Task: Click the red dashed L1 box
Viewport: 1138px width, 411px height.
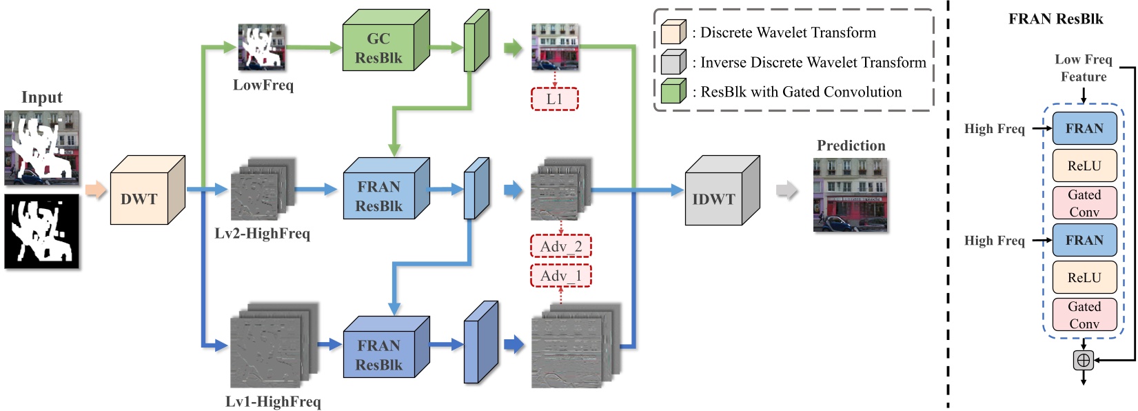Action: (554, 99)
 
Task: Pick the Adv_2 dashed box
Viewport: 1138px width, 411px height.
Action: (560, 246)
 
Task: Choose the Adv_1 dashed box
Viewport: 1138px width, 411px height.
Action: (560, 276)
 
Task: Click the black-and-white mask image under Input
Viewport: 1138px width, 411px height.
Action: (42, 232)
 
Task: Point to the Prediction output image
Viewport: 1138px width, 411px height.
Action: (851, 194)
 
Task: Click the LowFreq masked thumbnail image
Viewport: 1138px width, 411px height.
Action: (261, 47)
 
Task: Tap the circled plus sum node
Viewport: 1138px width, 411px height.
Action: (1084, 360)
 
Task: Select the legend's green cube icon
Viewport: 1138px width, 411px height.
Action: (673, 91)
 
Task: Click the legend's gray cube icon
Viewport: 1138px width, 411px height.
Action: (673, 61)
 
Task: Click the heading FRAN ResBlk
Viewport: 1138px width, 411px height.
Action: (1055, 19)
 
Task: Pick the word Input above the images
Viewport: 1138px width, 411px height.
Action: (41, 97)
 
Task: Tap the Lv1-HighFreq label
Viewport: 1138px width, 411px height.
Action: (273, 401)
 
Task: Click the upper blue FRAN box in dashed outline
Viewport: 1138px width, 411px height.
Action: (1084, 128)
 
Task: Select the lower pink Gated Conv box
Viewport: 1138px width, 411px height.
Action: (1084, 314)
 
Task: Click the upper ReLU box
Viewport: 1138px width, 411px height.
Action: (1084, 166)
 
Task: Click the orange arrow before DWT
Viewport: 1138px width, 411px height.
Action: (96, 190)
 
